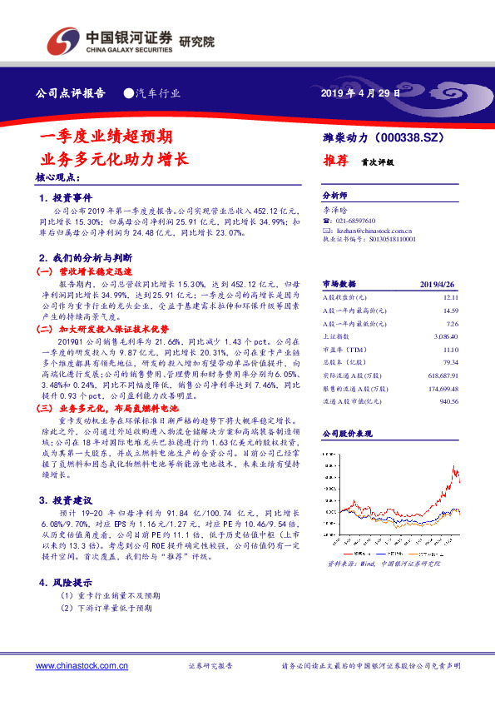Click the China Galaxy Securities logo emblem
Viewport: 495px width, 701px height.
[x=63, y=39]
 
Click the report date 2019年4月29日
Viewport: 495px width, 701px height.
[x=360, y=94]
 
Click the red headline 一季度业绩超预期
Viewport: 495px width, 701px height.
[x=106, y=136]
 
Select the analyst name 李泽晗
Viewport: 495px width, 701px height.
[x=335, y=212]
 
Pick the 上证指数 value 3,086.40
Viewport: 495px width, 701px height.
[x=447, y=334]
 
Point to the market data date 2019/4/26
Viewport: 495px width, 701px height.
[x=440, y=283]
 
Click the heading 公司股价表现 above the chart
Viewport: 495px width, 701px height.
[x=346, y=435]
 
